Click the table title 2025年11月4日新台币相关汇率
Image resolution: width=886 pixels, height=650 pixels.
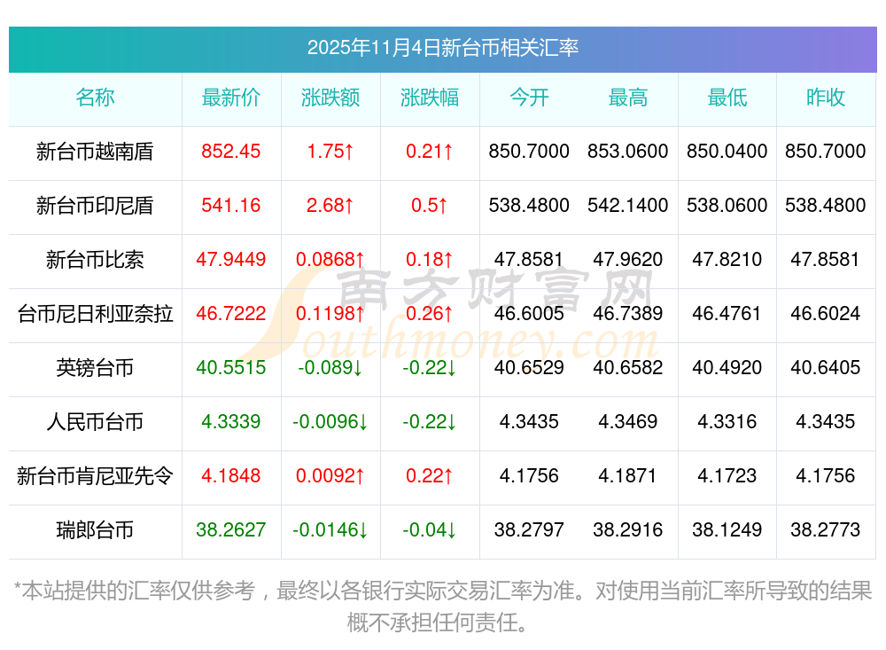[x=442, y=48]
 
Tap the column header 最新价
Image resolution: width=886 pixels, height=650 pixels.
[x=231, y=98]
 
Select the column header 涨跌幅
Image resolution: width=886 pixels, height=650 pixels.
[x=430, y=98]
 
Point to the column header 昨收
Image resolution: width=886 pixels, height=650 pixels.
[x=826, y=98]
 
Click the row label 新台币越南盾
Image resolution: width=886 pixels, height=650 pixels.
[x=95, y=152]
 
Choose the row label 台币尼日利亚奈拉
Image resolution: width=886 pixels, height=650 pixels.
[x=95, y=314]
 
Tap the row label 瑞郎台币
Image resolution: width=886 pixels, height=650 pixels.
[x=95, y=530]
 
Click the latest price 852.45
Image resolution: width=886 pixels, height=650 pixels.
[x=231, y=152]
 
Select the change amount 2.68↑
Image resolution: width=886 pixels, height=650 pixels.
[x=330, y=206]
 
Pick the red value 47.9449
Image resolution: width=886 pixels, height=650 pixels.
[x=231, y=260]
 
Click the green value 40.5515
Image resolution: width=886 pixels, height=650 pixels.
[x=231, y=368]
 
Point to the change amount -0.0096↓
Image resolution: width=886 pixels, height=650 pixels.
[x=330, y=422]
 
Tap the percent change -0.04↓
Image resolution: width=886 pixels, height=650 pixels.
[x=430, y=530]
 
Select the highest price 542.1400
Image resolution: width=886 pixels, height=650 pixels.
[x=628, y=206]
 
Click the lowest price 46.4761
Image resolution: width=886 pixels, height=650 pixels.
[x=727, y=314]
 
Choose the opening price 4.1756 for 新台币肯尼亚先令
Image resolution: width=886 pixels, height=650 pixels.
[x=529, y=476]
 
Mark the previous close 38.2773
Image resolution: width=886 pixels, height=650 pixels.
[x=826, y=530]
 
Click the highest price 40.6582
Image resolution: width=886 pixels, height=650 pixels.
[x=628, y=368]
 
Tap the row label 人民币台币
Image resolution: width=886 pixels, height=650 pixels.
[x=95, y=422]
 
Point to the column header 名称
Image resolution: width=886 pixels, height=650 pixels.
[x=95, y=98]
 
